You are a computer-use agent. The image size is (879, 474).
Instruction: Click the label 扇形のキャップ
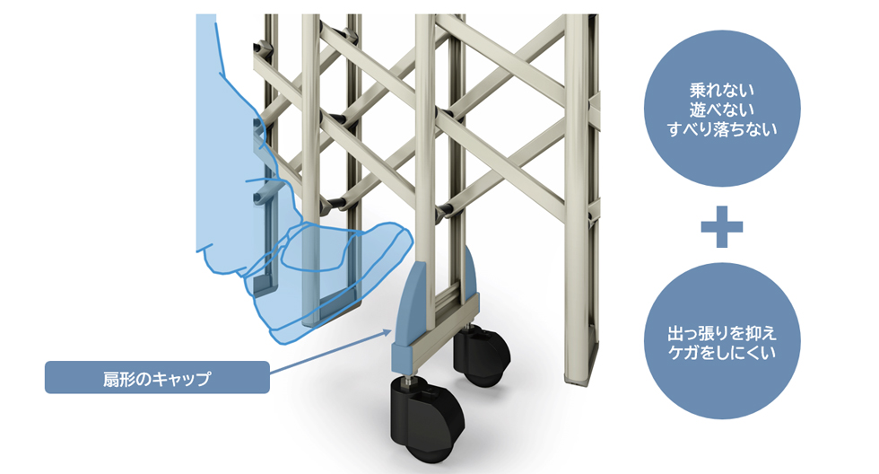pyautogui.click(x=157, y=378)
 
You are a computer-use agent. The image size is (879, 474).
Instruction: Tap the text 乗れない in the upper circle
pyautogui.click(x=722, y=90)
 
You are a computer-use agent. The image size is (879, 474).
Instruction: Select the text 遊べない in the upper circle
pyautogui.click(x=722, y=110)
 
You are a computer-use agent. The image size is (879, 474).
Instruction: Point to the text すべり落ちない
pyautogui.click(x=722, y=129)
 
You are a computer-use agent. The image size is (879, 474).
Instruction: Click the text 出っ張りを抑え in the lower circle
pyautogui.click(x=722, y=333)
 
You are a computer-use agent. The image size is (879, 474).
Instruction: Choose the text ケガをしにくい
pyautogui.click(x=722, y=352)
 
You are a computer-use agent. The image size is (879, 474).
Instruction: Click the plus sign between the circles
pyautogui.click(x=722, y=226)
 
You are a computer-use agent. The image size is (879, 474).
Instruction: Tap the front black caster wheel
pyautogui.click(x=428, y=419)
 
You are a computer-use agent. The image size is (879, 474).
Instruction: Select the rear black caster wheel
pyautogui.click(x=481, y=355)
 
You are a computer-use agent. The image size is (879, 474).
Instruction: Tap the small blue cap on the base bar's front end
pyautogui.click(x=403, y=355)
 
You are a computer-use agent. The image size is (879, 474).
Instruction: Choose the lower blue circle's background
pyautogui.click(x=722, y=387)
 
